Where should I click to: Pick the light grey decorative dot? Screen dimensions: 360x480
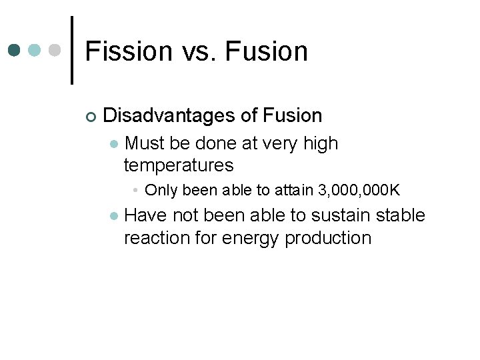click(55, 51)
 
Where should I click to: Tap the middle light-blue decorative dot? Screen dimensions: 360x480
click(35, 51)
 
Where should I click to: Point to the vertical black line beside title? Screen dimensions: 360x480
click(72, 51)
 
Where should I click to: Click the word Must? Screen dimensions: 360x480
click(145, 143)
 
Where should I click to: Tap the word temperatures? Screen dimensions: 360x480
click(179, 165)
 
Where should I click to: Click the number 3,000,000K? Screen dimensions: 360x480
click(359, 191)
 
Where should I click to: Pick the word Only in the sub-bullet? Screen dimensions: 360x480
click(161, 191)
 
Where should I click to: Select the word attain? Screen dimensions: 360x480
click(292, 191)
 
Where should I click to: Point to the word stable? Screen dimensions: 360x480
click(400, 215)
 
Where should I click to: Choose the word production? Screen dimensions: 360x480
click(328, 238)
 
